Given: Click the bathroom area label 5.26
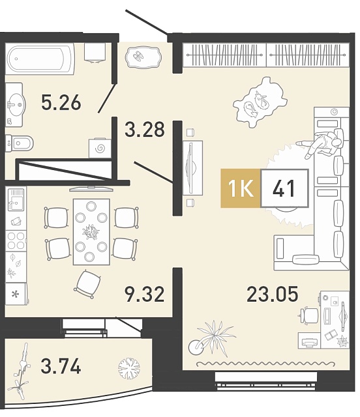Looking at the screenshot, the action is coord(61,102).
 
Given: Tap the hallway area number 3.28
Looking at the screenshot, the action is coord(145,129).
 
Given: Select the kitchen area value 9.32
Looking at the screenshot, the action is coord(145,295).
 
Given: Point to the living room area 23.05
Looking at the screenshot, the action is coord(272,294).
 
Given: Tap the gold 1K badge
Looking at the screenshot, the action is coord(241,188).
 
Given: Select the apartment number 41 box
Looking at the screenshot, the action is coord(284,188).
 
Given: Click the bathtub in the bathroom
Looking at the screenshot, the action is coord(40,59).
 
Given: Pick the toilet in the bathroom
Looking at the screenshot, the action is coord(19,143).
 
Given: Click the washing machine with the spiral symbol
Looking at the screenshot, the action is coord(100,148).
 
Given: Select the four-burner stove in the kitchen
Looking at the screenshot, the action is coord(16,240).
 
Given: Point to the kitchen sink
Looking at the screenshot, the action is coord(16,199).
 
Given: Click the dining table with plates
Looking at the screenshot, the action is coord(91,232).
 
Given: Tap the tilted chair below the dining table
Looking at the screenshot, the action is coord(87,284).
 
